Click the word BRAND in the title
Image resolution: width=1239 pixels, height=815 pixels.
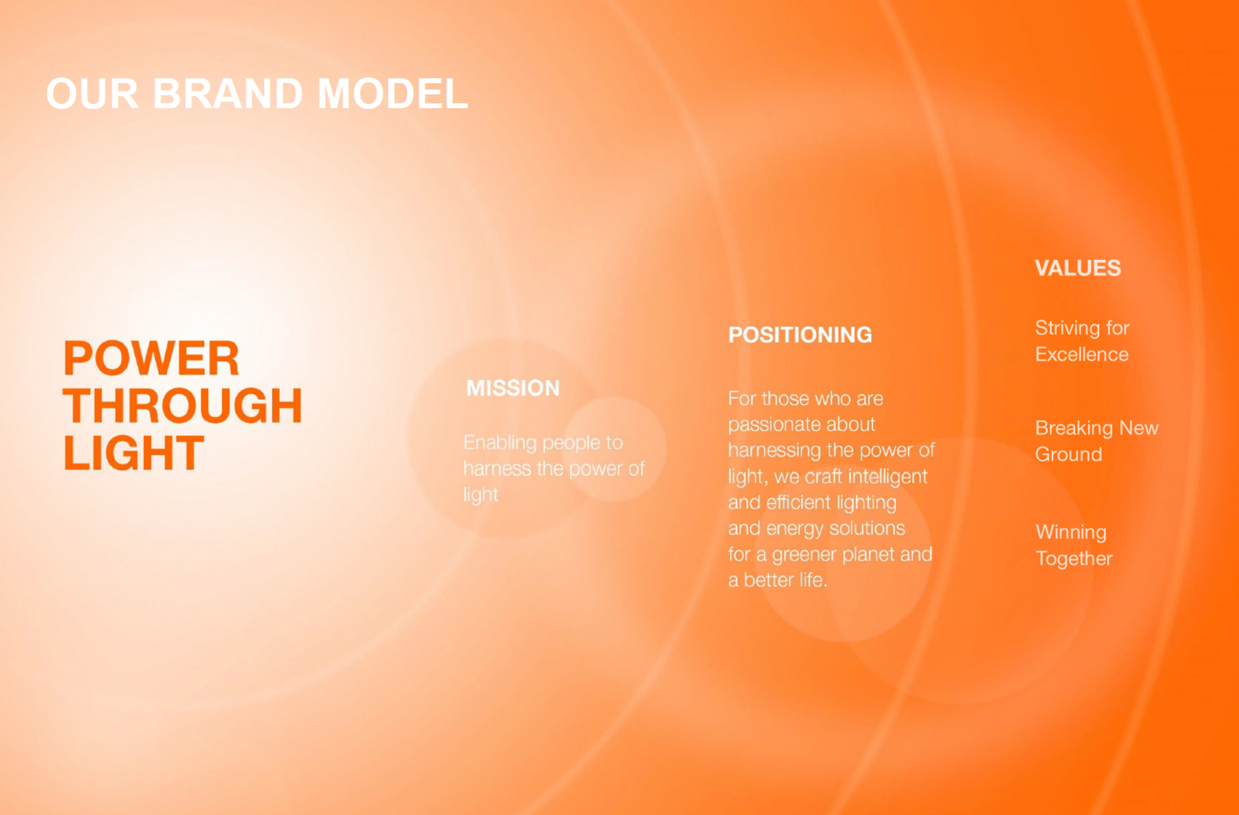point(228,93)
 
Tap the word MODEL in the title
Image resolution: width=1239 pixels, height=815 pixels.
point(393,93)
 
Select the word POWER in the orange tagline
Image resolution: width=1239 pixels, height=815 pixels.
point(152,358)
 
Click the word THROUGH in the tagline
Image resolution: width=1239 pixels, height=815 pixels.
point(183,406)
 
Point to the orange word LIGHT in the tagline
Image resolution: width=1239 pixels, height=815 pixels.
point(134,453)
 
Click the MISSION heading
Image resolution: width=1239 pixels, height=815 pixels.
point(513,388)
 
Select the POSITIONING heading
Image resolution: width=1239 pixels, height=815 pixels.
point(800,335)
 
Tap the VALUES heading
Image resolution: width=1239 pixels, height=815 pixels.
point(1078,268)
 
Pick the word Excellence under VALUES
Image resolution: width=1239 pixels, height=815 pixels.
point(1082,354)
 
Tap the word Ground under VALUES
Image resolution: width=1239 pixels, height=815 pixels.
point(1069,455)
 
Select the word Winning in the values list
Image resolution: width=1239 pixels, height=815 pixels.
point(1071,533)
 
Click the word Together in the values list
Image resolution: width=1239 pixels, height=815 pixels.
point(1074,559)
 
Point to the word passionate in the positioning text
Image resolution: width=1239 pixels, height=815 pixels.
point(801,425)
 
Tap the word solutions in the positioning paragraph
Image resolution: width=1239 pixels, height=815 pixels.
point(867,528)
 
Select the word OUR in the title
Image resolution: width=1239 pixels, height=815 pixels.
point(92,93)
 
